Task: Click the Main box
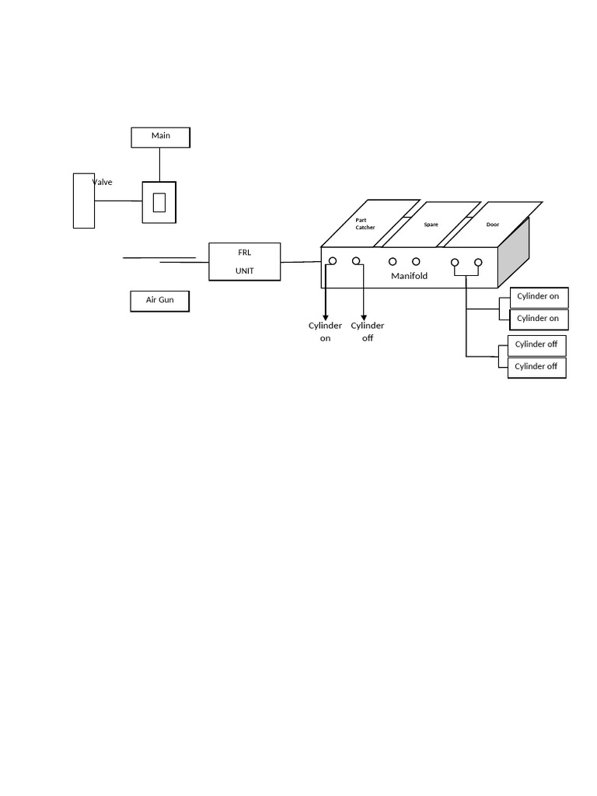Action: pyautogui.click(x=160, y=137)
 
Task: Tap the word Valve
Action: pyautogui.click(x=103, y=183)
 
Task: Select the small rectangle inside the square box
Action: pyautogui.click(x=159, y=202)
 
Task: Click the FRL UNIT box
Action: pyautogui.click(x=245, y=261)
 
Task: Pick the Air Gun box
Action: pyautogui.click(x=159, y=300)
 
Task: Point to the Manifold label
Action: pyautogui.click(x=409, y=276)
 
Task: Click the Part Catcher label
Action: pyautogui.click(x=365, y=224)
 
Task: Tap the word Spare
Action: pyautogui.click(x=431, y=225)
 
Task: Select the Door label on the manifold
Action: pyautogui.click(x=493, y=225)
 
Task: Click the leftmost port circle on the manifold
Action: pyautogui.click(x=333, y=261)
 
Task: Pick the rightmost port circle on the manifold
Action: pyautogui.click(x=478, y=263)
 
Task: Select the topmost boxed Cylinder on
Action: pyautogui.click(x=539, y=297)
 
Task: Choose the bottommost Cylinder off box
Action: pyautogui.click(x=536, y=367)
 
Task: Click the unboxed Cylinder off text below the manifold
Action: pyautogui.click(x=368, y=332)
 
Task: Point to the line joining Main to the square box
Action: pyautogui.click(x=160, y=164)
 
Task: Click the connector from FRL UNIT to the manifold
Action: pyautogui.click(x=301, y=262)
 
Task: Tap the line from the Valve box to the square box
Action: pyautogui.click(x=118, y=201)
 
